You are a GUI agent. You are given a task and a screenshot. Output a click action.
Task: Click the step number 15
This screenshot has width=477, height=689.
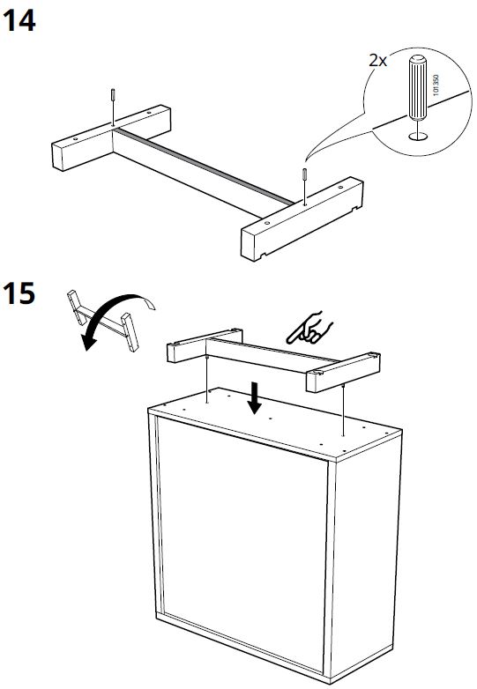click(x=20, y=293)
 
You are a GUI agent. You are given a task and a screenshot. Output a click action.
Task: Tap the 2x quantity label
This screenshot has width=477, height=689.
click(x=378, y=61)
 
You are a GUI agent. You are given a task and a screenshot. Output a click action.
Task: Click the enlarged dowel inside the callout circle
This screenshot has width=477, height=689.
click(x=415, y=95)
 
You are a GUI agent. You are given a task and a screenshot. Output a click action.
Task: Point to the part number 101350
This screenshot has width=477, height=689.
click(x=435, y=92)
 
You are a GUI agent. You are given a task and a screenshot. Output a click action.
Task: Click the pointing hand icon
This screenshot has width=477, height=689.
click(x=309, y=328)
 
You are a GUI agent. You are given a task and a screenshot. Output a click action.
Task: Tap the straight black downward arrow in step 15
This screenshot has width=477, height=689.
click(x=256, y=399)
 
